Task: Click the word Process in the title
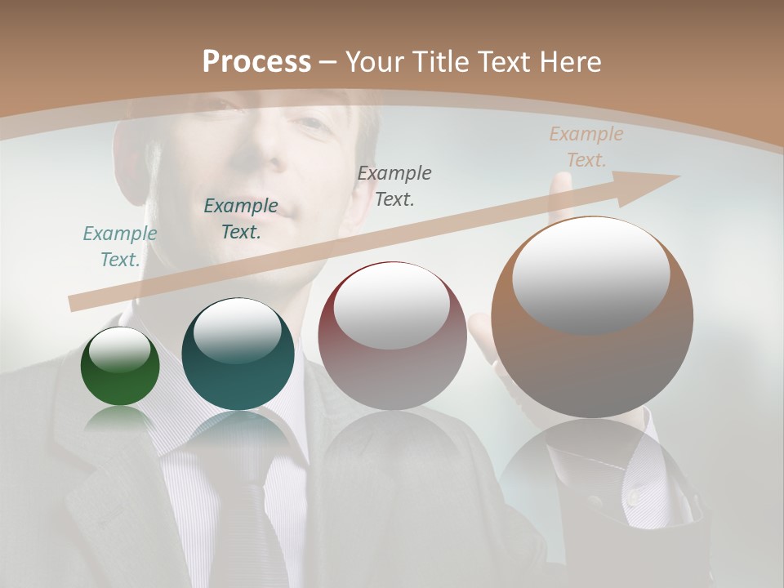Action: click(x=256, y=61)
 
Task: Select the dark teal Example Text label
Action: click(x=240, y=219)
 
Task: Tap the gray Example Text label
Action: click(x=394, y=185)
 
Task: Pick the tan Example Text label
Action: click(x=586, y=147)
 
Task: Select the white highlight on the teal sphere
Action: click(x=237, y=329)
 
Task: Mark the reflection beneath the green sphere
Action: click(x=120, y=418)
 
